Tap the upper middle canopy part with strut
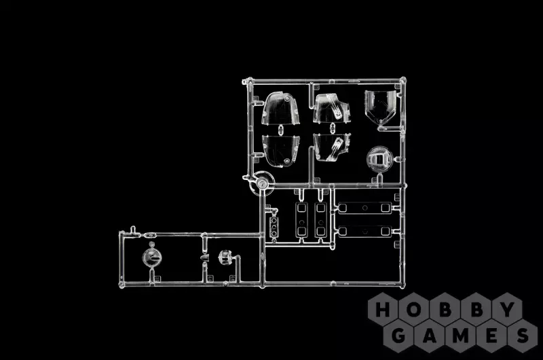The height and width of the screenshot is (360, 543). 333,109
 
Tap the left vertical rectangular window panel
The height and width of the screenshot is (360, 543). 301,217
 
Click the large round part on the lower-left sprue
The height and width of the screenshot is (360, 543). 151,257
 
